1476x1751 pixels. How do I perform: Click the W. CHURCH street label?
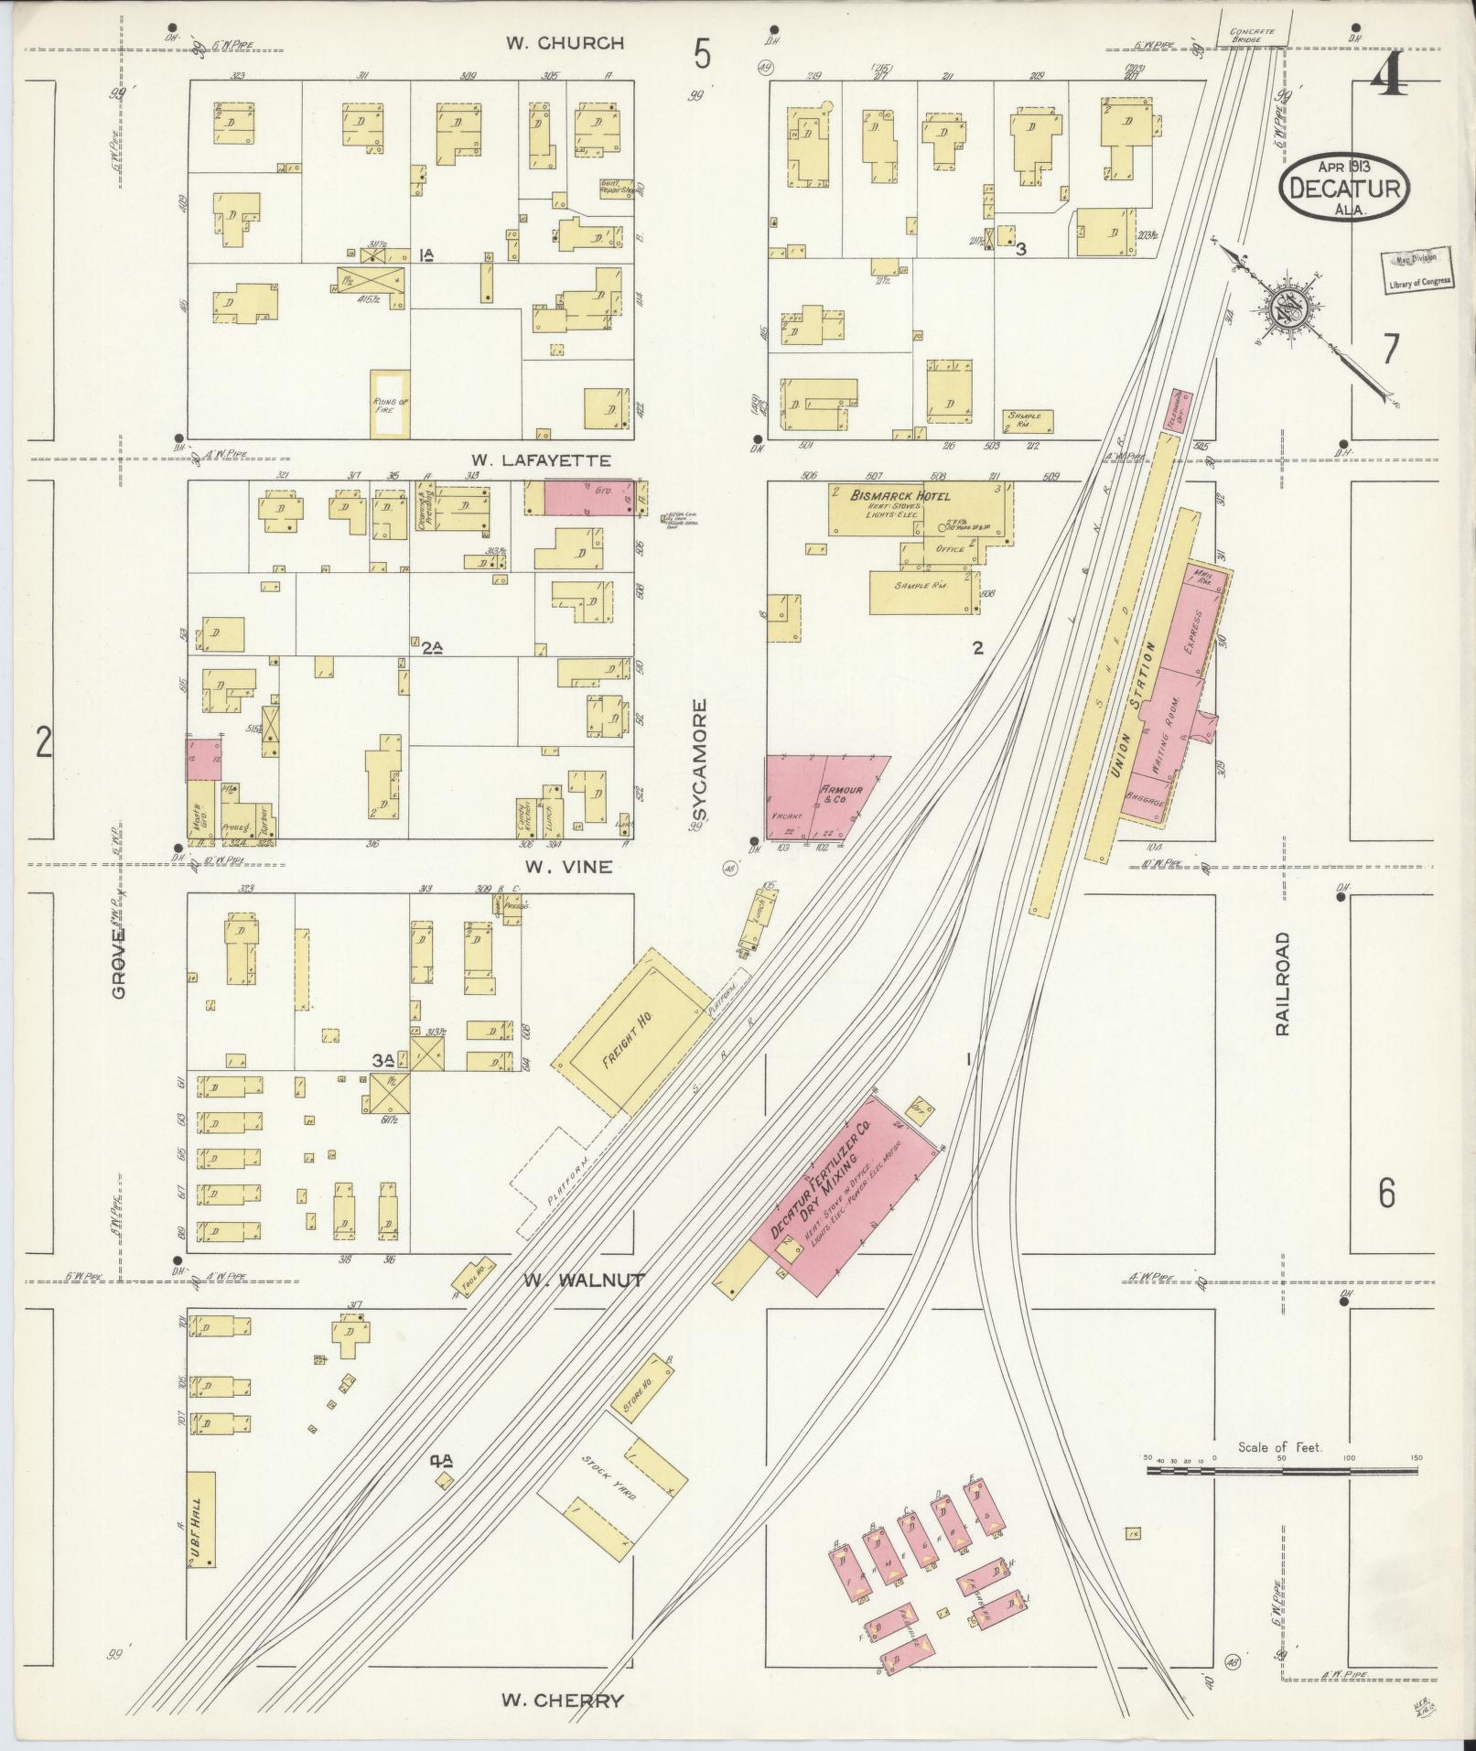pyautogui.click(x=567, y=43)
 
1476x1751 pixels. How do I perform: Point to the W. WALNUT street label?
pyautogui.click(x=585, y=1280)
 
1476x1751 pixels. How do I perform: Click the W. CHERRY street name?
pyautogui.click(x=563, y=1701)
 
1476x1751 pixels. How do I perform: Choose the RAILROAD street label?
pyautogui.click(x=1282, y=983)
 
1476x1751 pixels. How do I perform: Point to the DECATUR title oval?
pyautogui.click(x=1344, y=188)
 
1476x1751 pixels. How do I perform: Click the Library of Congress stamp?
pyautogui.click(x=1417, y=270)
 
